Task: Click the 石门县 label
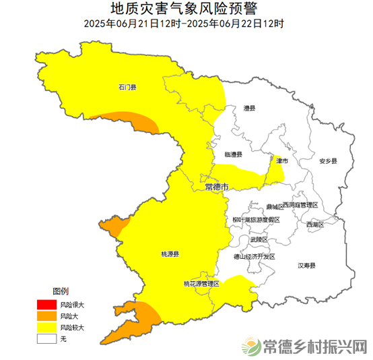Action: click(x=127, y=87)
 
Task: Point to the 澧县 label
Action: click(x=250, y=108)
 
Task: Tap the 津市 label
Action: click(x=282, y=161)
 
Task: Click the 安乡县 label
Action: click(x=328, y=161)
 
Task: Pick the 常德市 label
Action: click(x=216, y=186)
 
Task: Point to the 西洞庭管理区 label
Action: click(x=300, y=204)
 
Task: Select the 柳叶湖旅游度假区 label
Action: click(x=255, y=220)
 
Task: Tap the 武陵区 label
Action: click(x=259, y=239)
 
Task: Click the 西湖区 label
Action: click(x=315, y=224)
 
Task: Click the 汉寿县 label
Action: click(x=307, y=266)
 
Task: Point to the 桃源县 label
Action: click(x=170, y=254)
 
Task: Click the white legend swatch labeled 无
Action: click(x=46, y=338)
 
